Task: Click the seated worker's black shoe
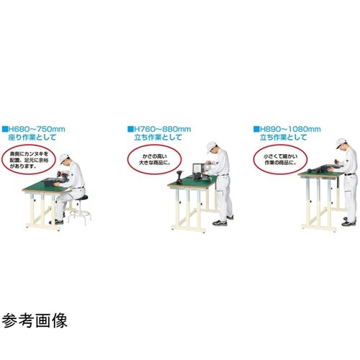[x=59, y=221]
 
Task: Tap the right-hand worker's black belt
[x=348, y=175]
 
